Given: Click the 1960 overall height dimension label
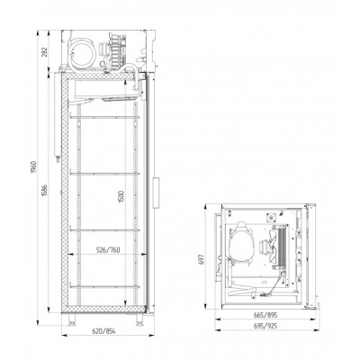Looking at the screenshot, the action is tap(33, 166).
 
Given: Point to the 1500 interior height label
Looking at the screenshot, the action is tap(121, 196).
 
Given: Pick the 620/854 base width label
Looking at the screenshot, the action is tap(104, 331).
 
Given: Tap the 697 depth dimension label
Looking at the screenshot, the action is tap(202, 259).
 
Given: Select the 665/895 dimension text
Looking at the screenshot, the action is tap(265, 315).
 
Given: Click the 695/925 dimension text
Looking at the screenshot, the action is tap(265, 326).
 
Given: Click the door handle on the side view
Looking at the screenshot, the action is tap(156, 193).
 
